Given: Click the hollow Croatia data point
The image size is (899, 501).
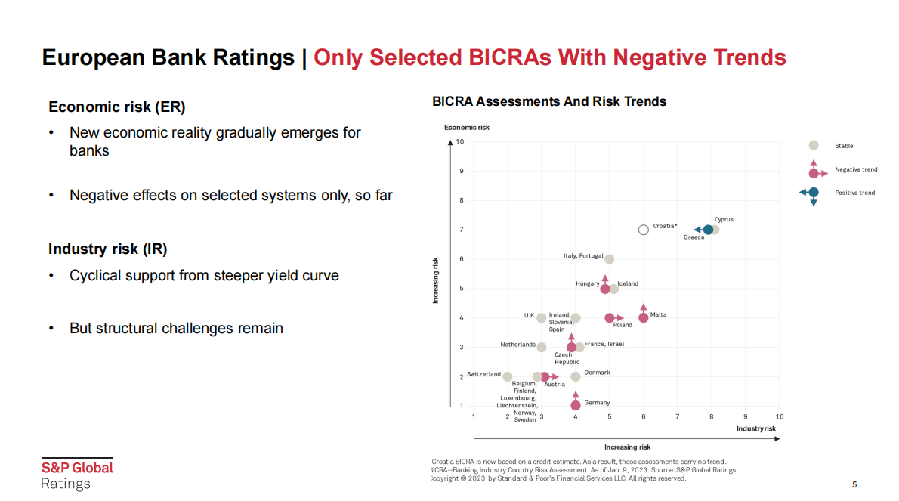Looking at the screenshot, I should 643,230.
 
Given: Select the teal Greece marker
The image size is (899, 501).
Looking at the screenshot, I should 708,230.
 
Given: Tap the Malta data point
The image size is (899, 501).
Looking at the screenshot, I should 644,317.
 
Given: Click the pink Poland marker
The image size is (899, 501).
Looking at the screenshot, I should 610,317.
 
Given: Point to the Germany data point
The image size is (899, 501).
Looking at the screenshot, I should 576,406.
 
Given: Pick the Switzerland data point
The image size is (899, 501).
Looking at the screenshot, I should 508,376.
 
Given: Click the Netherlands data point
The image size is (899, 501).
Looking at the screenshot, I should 542,347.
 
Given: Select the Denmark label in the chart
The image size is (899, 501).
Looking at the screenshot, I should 597,373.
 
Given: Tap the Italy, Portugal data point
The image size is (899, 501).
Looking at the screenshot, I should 610,259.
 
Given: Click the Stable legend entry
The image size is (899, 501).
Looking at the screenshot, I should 844,146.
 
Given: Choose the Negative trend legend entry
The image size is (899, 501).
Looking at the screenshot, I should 856,170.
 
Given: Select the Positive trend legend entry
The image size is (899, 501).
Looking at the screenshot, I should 854,193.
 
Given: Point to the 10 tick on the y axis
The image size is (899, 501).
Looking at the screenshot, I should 459,141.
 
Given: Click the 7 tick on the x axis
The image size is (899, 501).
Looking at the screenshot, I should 678,416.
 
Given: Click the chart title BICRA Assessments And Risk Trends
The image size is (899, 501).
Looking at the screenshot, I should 549,101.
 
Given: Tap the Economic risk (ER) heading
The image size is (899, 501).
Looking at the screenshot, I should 117,107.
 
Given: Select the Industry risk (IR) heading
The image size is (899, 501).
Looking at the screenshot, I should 108,249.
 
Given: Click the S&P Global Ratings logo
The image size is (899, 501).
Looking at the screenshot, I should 77,475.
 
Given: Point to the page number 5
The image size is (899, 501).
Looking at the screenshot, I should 854,485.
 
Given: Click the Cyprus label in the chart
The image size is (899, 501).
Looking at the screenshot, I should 724,220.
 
